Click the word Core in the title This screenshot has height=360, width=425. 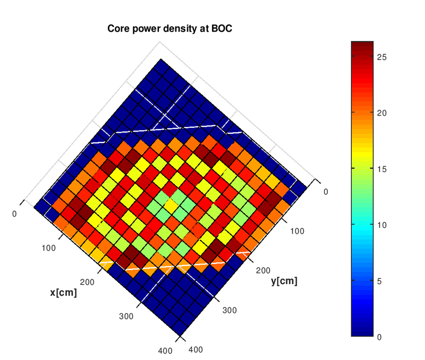[118, 29]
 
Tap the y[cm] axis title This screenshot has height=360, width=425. [284, 281]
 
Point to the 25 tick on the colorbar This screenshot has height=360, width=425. [382, 57]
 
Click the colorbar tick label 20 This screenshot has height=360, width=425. [382, 113]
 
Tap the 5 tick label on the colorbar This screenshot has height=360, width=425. [380, 281]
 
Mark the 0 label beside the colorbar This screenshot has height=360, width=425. [380, 336]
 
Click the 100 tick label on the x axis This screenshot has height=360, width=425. [49, 248]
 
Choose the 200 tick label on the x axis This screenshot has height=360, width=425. [87, 282]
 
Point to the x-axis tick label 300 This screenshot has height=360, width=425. [126, 316]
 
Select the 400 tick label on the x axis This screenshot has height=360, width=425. [165, 350]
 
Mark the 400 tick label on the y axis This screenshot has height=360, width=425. [195, 350]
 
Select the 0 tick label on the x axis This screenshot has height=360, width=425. [14, 214]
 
